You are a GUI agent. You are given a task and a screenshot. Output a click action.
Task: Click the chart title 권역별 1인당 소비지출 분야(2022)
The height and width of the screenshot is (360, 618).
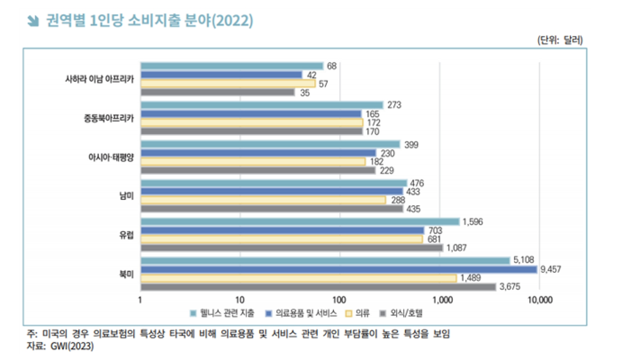click(x=149, y=21)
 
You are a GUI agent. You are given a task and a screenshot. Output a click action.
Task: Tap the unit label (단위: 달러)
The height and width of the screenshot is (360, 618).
click(x=560, y=40)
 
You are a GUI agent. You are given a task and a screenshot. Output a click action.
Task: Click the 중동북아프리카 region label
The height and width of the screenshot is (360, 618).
click(x=105, y=118)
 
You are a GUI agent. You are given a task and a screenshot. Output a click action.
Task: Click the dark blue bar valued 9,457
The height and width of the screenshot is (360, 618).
click(x=339, y=270)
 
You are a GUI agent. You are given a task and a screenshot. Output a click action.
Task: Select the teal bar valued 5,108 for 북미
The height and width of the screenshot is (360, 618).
click(x=325, y=261)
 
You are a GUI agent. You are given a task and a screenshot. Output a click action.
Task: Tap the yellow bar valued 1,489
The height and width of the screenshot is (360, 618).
click(x=298, y=278)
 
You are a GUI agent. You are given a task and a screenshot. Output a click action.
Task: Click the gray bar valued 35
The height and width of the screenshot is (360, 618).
click(x=217, y=92)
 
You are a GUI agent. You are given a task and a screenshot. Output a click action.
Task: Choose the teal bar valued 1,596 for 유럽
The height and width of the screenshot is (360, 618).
click(x=300, y=222)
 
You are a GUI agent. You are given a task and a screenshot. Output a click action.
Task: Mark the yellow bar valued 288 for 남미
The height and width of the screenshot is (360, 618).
click(x=263, y=200)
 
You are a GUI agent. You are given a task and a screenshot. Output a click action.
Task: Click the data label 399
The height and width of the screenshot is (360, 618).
click(x=411, y=144)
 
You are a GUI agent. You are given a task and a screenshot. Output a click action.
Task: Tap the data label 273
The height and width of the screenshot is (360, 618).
click(x=394, y=105)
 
